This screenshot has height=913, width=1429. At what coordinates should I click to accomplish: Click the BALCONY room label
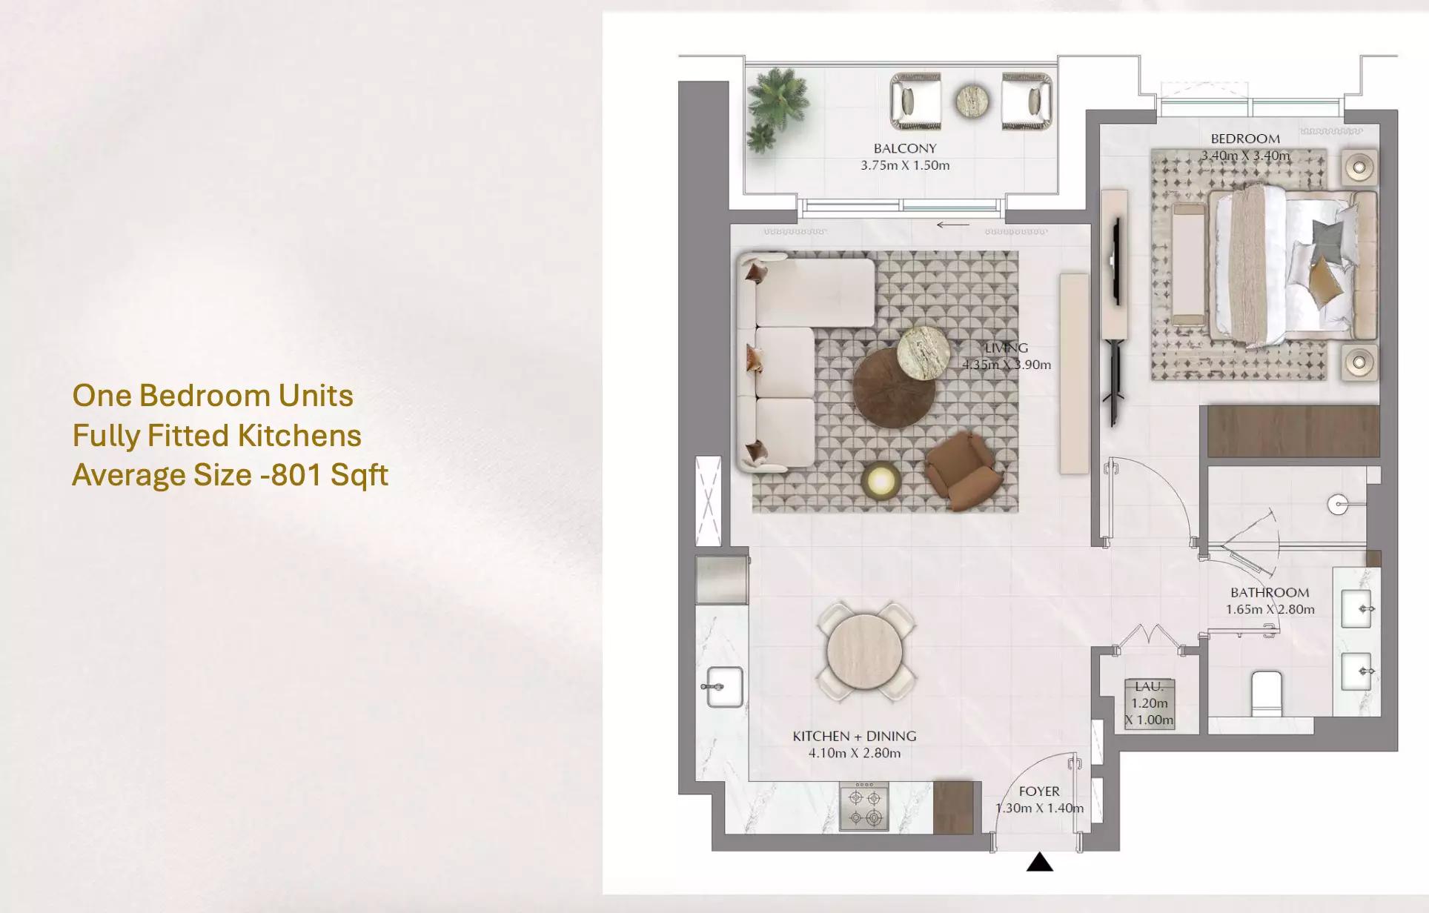point(904,148)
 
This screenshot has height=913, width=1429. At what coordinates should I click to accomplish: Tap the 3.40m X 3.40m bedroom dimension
point(1245,156)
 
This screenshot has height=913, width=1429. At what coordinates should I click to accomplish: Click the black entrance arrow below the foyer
point(1040,862)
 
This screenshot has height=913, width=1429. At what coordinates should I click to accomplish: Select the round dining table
point(865,651)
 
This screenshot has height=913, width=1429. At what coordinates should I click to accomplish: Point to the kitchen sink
point(723,687)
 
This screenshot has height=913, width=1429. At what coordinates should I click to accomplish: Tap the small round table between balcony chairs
point(972,101)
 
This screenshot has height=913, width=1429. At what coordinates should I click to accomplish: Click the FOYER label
point(1039,791)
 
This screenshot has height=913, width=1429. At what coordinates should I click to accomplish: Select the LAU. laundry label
point(1149,686)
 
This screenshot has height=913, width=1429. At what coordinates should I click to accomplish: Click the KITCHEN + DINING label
point(855,736)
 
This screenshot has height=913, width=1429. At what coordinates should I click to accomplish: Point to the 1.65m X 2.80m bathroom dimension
point(1270,609)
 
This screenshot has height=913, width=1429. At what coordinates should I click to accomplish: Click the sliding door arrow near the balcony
point(953,225)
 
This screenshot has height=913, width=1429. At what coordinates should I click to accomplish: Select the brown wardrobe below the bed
point(1293,431)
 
